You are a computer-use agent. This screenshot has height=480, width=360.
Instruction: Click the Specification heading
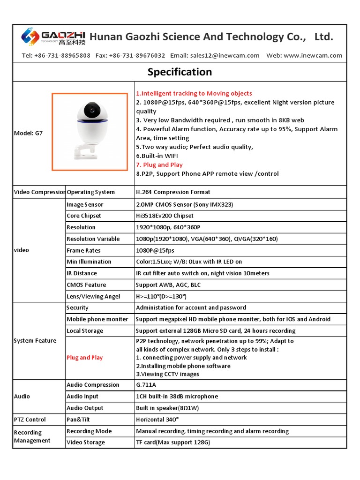(180, 72)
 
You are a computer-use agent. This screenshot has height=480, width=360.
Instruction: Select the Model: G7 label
(29, 133)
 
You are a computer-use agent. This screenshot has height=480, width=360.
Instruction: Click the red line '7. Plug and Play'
(159, 165)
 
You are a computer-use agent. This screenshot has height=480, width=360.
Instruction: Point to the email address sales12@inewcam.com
(225, 55)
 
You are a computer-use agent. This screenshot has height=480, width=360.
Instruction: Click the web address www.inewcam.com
(313, 55)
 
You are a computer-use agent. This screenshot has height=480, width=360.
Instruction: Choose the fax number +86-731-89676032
(137, 55)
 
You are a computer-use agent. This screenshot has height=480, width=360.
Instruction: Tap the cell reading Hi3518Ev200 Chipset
(165, 216)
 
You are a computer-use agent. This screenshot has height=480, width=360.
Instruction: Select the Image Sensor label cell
(85, 205)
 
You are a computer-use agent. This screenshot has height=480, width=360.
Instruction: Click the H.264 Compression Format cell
(173, 192)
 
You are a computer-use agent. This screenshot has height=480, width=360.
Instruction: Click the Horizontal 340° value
(157, 420)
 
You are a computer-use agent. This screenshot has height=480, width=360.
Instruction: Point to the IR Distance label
(82, 273)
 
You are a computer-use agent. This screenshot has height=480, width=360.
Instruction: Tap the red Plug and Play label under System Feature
(85, 358)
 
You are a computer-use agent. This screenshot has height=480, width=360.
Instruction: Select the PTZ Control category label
(30, 420)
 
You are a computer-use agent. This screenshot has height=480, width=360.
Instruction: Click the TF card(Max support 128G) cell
(173, 442)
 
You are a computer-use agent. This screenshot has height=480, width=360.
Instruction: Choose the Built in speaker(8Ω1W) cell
(166, 408)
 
